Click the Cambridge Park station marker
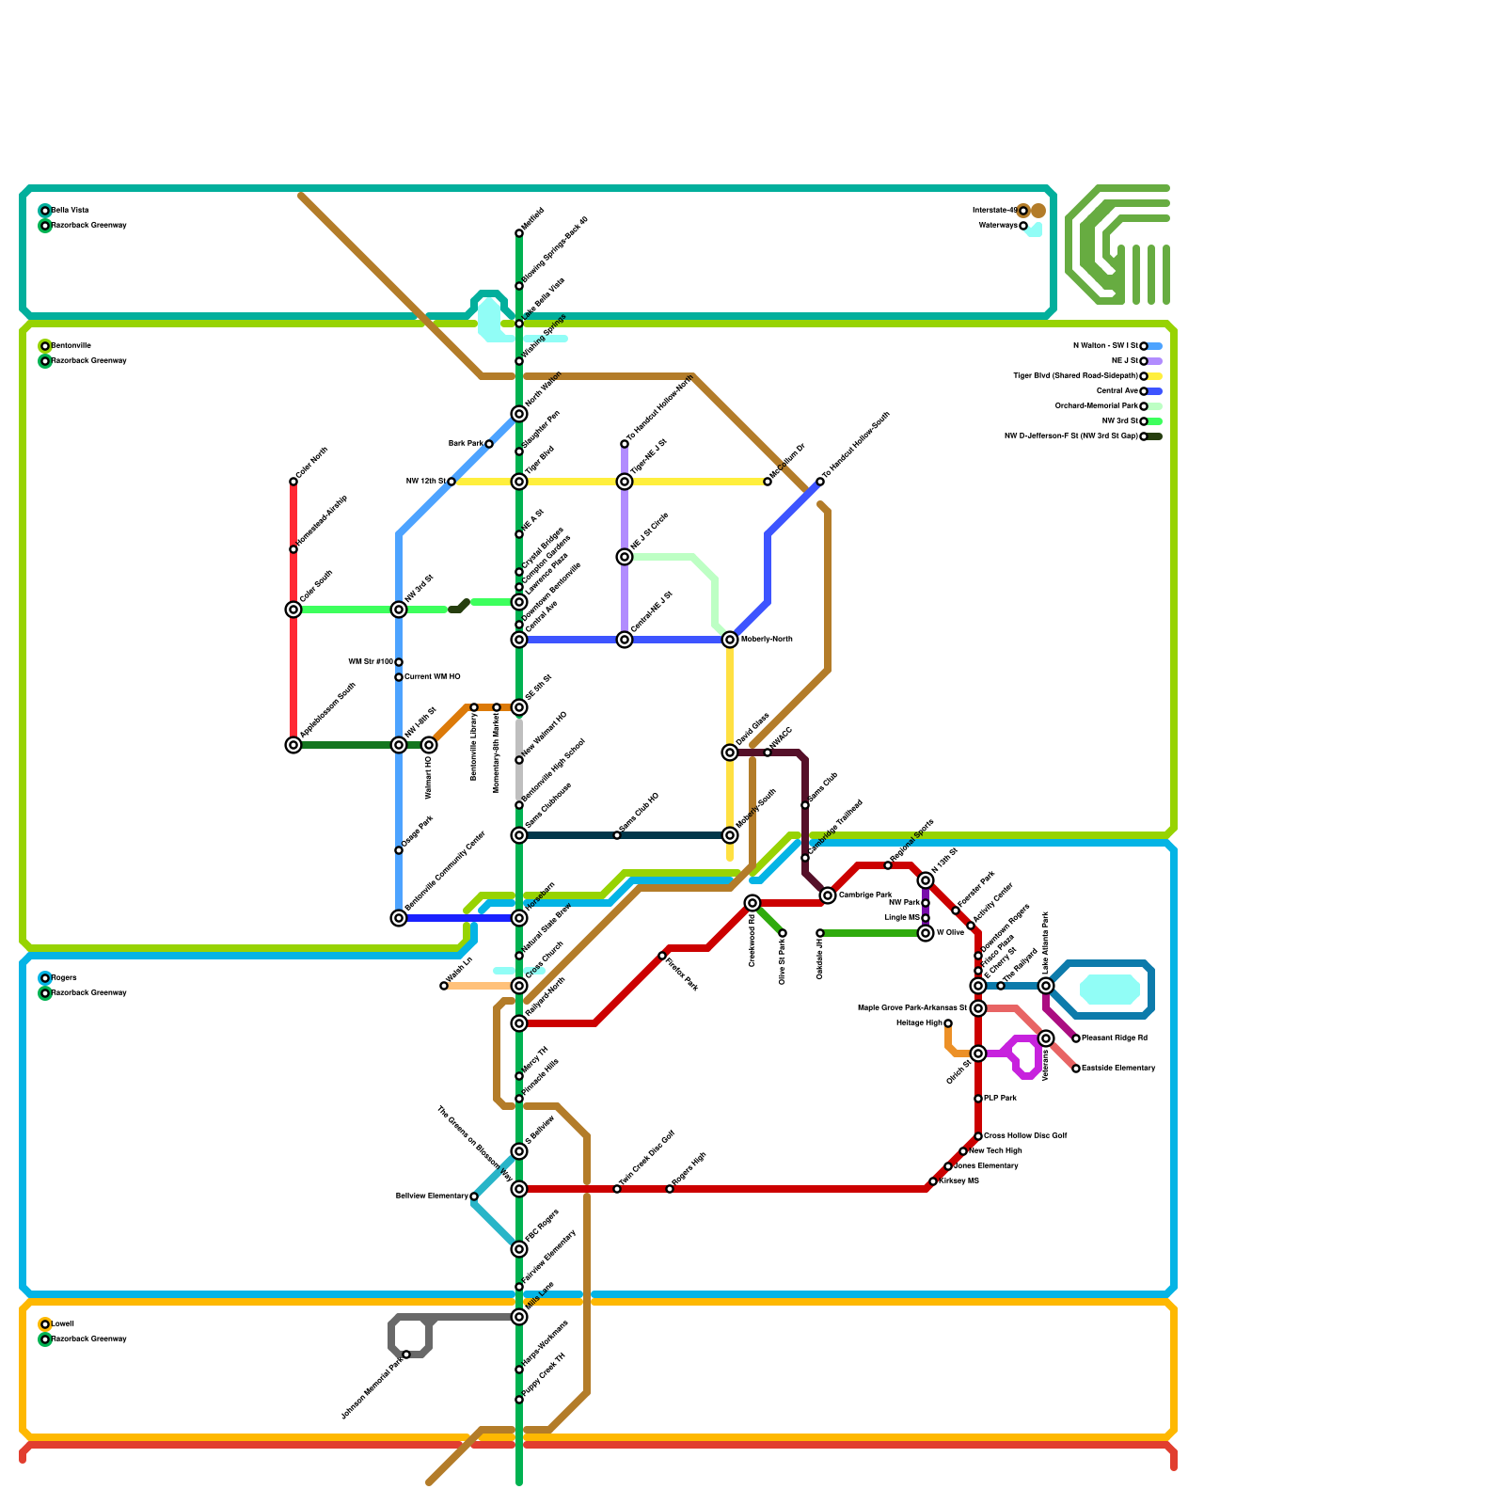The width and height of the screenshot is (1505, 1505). pyautogui.click(x=828, y=895)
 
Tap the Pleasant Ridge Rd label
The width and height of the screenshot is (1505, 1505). pyautogui.click(x=1115, y=1038)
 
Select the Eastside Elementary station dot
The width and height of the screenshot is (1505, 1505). pyautogui.click(x=1076, y=1069)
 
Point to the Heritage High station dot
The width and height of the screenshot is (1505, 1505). pyautogui.click(x=948, y=1023)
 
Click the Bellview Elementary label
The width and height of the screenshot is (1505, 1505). pyautogui.click(x=431, y=1196)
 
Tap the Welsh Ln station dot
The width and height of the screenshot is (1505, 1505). pyautogui.click(x=444, y=986)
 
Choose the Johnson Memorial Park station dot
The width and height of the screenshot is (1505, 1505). pyautogui.click(x=406, y=1354)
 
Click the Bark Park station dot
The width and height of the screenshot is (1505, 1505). pyautogui.click(x=489, y=444)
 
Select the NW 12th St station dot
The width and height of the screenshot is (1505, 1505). pyautogui.click(x=451, y=482)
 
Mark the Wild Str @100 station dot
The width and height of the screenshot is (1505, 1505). pyautogui.click(x=399, y=662)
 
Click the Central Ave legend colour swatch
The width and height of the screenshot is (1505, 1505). pyautogui.click(x=1155, y=391)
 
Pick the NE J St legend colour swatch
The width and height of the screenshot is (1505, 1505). pyautogui.click(x=1155, y=361)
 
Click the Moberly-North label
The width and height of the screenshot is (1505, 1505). pyautogui.click(x=767, y=640)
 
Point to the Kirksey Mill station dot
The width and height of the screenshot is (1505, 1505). pyautogui.click(x=933, y=1181)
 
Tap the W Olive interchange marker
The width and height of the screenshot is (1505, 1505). pyautogui.click(x=926, y=933)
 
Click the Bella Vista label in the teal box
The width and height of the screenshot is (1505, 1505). pyautogui.click(x=71, y=211)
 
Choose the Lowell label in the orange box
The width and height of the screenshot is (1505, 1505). pyautogui.click(x=62, y=1324)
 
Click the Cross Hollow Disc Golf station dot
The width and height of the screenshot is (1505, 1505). pyautogui.click(x=978, y=1136)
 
